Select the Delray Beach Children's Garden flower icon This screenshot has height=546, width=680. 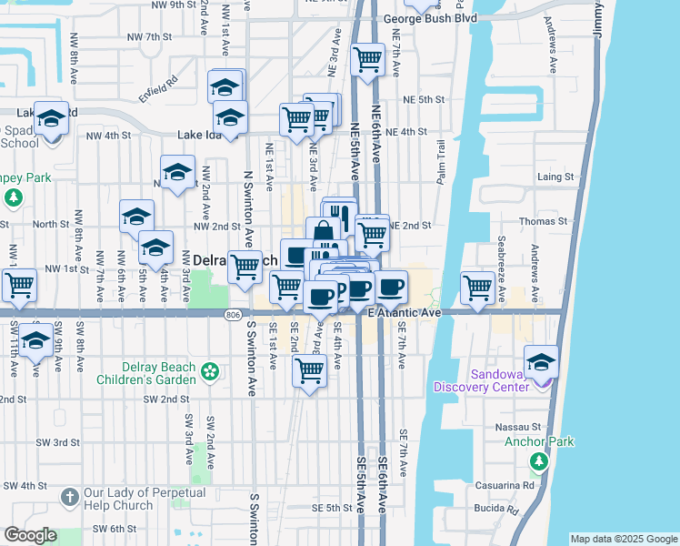click(211, 371)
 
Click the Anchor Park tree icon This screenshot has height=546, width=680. click(539, 461)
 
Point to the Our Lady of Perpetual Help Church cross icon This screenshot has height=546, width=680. click(70, 497)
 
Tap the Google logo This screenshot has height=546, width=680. click(30, 535)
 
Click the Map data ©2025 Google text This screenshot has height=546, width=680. click(623, 539)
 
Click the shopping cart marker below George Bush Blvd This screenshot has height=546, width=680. click(367, 60)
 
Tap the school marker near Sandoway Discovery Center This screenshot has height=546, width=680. click(541, 362)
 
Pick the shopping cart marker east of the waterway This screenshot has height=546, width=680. click(477, 287)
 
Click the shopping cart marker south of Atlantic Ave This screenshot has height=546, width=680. click(310, 370)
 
